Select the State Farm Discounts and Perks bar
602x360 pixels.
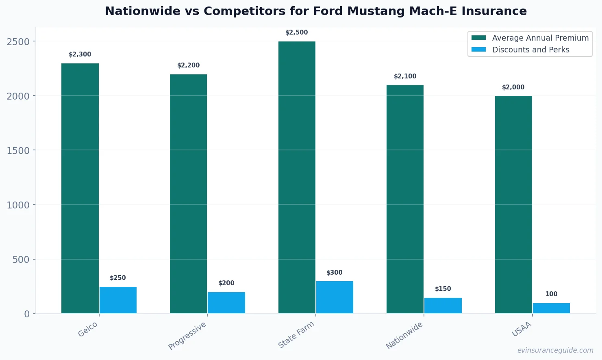click(x=335, y=297)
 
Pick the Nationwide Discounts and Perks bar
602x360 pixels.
click(x=443, y=305)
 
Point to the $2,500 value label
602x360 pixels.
click(x=297, y=33)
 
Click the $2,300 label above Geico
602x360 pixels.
click(x=80, y=54)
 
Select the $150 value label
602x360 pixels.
click(x=443, y=289)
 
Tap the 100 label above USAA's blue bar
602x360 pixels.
click(x=551, y=294)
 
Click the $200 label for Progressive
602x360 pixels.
click(x=226, y=283)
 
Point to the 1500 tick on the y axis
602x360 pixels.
click(x=18, y=151)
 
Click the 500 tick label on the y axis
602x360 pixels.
click(x=21, y=260)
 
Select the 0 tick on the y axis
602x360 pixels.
click(x=27, y=314)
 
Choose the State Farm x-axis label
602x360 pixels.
click(x=296, y=335)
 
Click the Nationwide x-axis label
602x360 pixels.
click(x=404, y=335)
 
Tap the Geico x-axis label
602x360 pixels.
click(x=88, y=329)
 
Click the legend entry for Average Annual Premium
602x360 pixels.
click(x=540, y=38)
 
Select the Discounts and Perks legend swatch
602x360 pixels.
click(x=478, y=50)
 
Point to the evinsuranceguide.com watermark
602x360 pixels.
click(x=555, y=350)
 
